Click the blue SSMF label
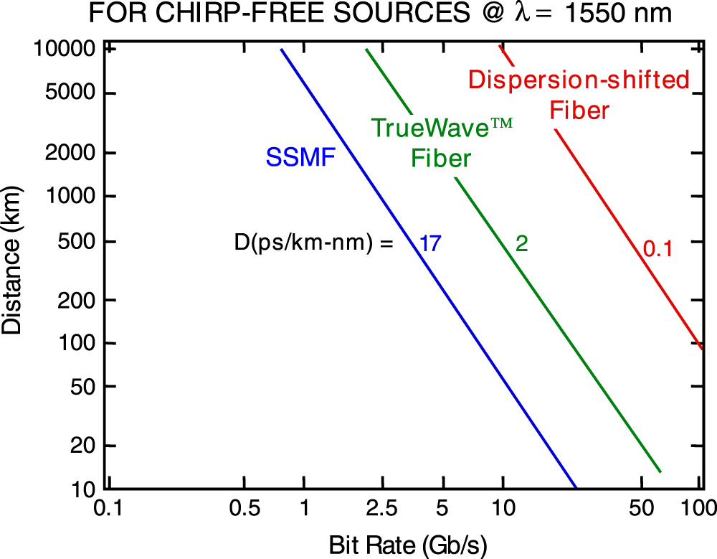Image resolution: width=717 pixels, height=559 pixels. [x=300, y=157]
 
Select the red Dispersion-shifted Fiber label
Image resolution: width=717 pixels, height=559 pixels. [x=579, y=95]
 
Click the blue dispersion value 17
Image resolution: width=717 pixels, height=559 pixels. [x=429, y=243]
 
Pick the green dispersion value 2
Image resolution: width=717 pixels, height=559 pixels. [x=522, y=244]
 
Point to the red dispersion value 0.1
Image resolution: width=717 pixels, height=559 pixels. [x=657, y=249]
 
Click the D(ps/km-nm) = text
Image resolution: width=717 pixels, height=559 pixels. [x=314, y=243]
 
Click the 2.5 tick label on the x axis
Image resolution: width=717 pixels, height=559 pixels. [x=381, y=509]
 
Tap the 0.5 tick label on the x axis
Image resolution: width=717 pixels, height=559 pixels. [x=244, y=509]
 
